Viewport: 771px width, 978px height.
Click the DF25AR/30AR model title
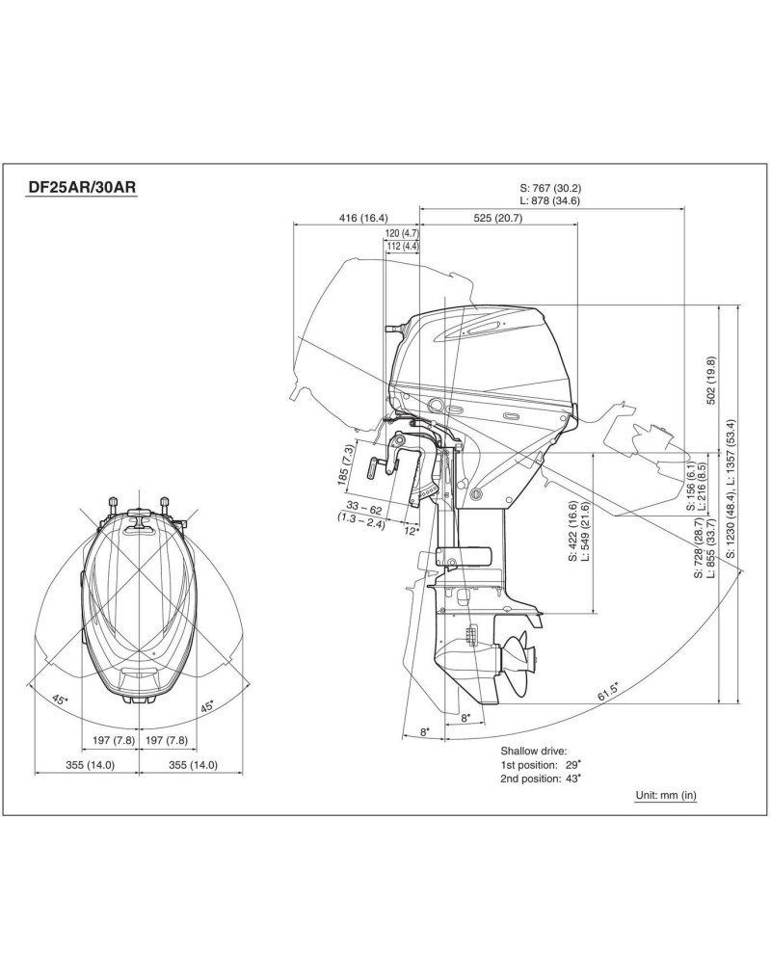point(81,187)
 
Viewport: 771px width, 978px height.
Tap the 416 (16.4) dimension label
point(363,218)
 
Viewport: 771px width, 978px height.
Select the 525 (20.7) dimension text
point(498,218)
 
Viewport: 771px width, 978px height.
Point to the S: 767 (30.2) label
point(551,187)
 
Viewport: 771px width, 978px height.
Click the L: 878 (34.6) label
point(551,200)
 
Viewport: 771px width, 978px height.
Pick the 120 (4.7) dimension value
point(402,233)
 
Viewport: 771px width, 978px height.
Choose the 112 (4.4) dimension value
point(402,246)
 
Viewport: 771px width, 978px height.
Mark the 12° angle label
point(412,530)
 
